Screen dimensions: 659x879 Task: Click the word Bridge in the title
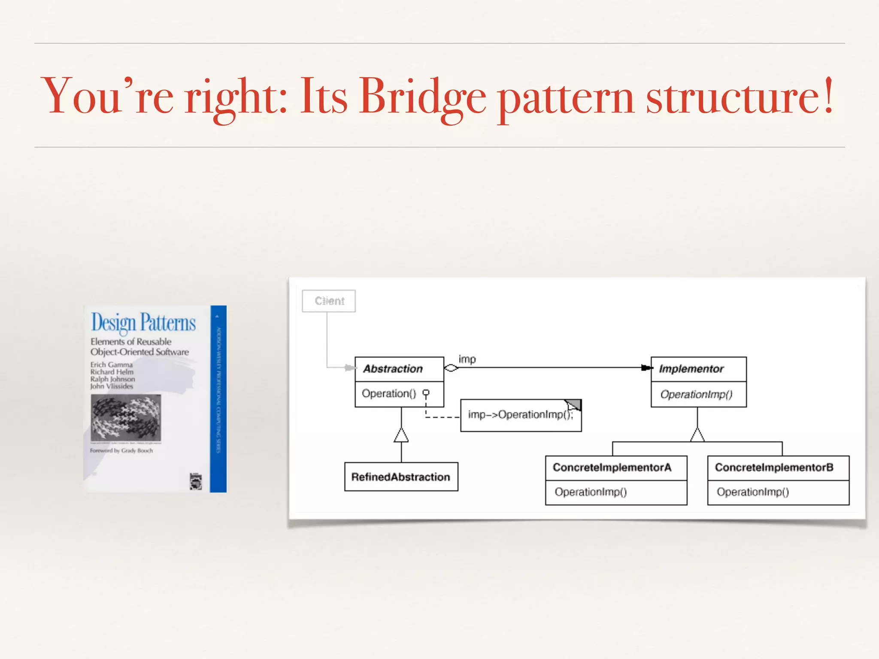(423, 97)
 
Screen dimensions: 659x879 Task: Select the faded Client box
(329, 301)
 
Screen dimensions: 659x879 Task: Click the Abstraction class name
(393, 369)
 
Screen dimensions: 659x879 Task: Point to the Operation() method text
(389, 393)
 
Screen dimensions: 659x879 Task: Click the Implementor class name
(691, 369)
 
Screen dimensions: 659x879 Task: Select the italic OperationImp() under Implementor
(696, 394)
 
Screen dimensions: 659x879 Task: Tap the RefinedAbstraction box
(401, 477)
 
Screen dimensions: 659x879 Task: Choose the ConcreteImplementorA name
(612, 467)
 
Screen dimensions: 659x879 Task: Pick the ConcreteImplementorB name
(774, 467)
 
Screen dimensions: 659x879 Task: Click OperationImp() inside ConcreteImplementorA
(591, 492)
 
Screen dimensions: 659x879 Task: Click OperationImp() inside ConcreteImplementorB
(752, 492)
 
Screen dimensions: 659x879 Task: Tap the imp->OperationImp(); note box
(520, 415)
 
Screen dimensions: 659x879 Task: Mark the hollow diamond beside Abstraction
(451, 368)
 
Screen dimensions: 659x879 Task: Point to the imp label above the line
(467, 359)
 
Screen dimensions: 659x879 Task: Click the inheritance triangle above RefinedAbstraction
(401, 435)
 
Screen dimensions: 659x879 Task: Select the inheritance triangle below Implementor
(697, 435)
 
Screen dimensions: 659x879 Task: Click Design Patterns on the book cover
(143, 323)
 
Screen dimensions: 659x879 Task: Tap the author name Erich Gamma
(111, 365)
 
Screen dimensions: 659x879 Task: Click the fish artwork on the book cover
(126, 417)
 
